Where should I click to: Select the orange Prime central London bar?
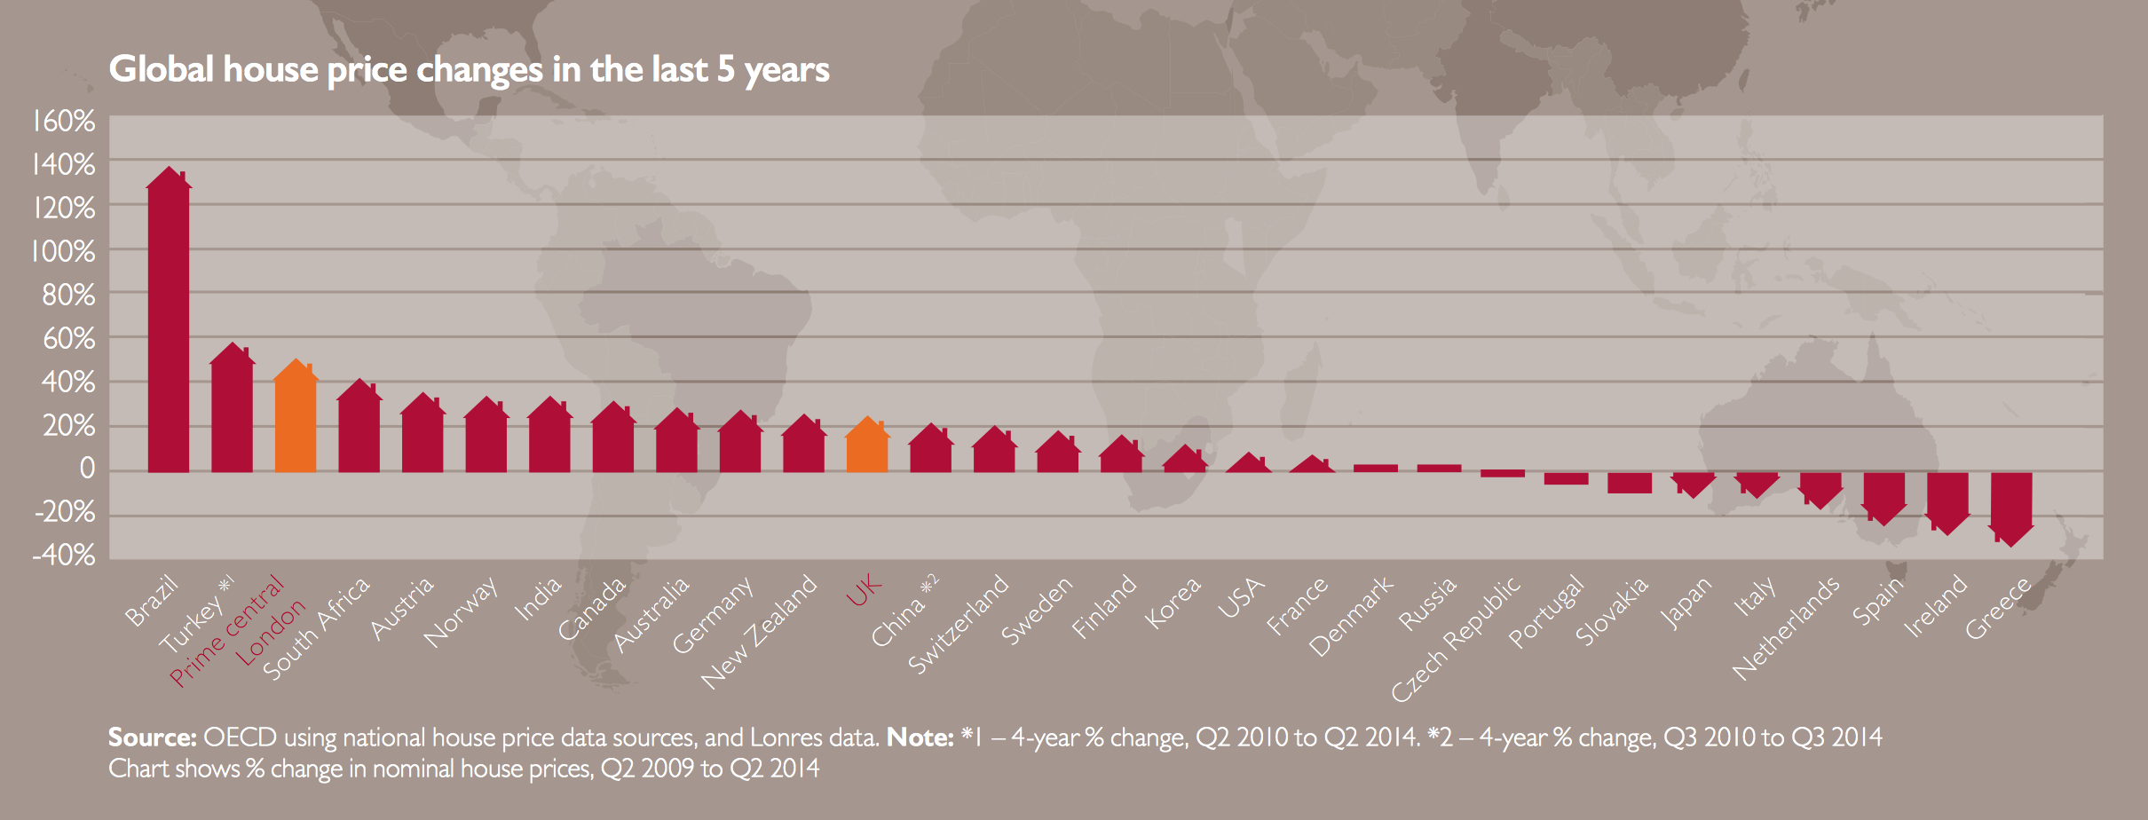pos(296,422)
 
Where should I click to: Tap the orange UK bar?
pos(867,448)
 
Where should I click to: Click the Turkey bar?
pos(233,413)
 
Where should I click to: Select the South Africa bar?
pos(359,430)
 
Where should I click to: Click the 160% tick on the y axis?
pos(64,121)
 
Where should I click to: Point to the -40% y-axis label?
pos(64,556)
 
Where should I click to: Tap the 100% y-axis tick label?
pos(64,252)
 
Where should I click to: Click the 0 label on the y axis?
pos(86,469)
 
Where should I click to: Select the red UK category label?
pos(864,589)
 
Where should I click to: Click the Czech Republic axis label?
pos(1455,639)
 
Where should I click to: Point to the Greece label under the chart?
pos(1998,608)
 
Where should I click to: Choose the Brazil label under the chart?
pos(152,601)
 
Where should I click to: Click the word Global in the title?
pos(161,69)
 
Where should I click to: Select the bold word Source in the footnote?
pos(152,737)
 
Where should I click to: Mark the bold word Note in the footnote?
pos(920,737)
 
